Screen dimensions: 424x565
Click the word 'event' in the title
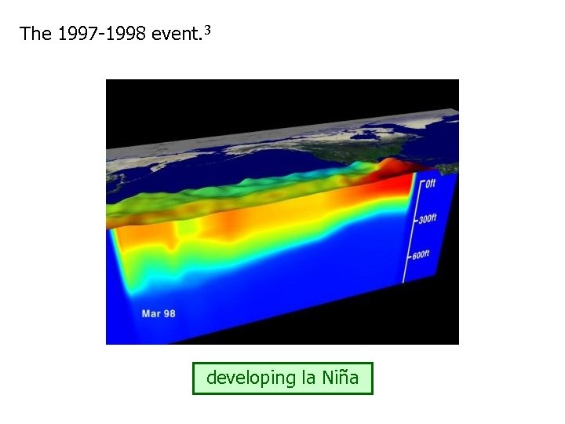(176, 34)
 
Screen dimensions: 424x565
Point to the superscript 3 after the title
(207, 30)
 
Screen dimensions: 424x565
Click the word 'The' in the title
(35, 34)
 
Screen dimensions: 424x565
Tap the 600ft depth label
(421, 254)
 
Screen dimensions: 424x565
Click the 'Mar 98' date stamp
(158, 313)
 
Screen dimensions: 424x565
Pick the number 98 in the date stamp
(169, 313)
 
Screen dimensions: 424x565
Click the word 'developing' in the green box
(250, 378)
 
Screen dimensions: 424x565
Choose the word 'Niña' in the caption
(341, 378)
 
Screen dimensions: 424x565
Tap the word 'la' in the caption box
(308, 378)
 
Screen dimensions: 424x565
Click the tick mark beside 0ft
(420, 186)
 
